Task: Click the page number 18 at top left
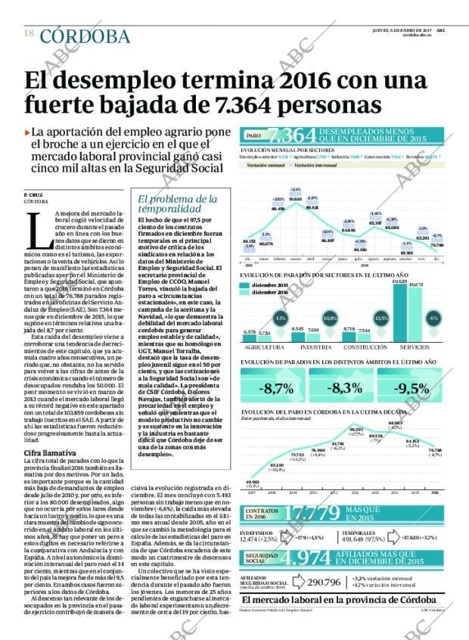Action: pyautogui.click(x=29, y=33)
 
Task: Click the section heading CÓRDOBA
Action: pyautogui.click(x=84, y=36)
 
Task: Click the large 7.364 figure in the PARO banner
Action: pyautogui.click(x=291, y=135)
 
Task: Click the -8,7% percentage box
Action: pyautogui.click(x=276, y=389)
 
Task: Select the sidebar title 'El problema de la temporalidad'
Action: pyautogui.click(x=169, y=204)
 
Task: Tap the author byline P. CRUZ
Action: pyautogui.click(x=35, y=195)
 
